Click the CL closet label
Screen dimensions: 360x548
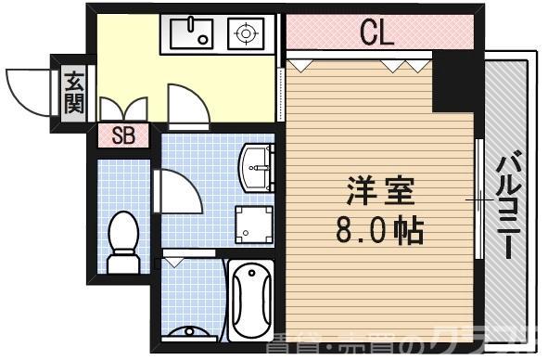coord(376,33)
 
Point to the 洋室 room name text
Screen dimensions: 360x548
coord(376,194)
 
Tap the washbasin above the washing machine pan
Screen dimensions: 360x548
coord(256,166)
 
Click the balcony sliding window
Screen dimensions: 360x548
coord(479,199)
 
